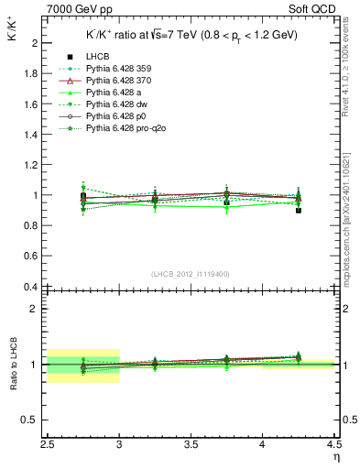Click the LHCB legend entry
coord(99,58)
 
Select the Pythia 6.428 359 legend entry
coord(119,70)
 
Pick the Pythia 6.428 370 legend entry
coord(119,82)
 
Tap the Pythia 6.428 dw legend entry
coord(117,105)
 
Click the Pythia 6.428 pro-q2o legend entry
coord(124,129)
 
